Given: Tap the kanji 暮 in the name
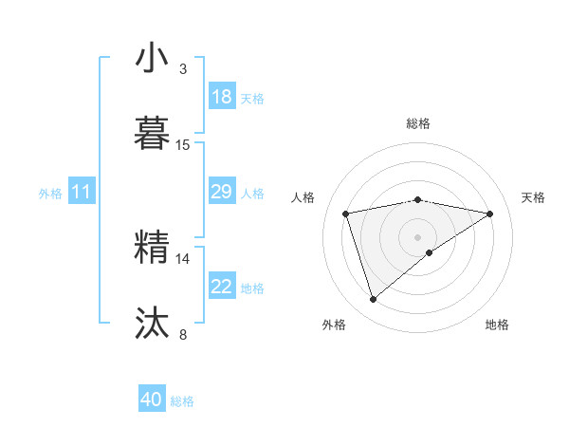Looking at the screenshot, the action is point(152,133).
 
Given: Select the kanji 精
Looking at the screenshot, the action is point(152,247).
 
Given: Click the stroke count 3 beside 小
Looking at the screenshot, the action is point(183,69).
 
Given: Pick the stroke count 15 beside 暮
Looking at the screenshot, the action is point(183,145).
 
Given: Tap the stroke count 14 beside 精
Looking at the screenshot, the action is point(183,258).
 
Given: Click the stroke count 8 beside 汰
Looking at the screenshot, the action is point(183,334).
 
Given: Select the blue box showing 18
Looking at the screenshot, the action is point(222,97).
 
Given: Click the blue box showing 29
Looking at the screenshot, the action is point(222,192).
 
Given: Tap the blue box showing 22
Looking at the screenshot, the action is point(222,287).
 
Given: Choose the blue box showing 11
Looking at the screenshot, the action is point(82,192).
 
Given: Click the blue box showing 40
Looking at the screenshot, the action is point(152,400).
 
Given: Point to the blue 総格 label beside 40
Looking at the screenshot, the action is point(183,401).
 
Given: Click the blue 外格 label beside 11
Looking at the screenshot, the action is point(50,194).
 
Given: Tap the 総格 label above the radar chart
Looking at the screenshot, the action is point(418,123).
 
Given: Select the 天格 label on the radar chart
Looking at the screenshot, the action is point(534,197).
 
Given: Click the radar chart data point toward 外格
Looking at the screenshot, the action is point(373,300).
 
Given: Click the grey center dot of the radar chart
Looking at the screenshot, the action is point(418,236).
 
